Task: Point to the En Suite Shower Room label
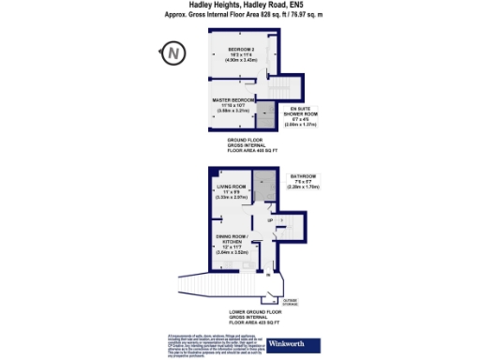pyautogui.click(x=307, y=118)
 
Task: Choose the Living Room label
pyautogui.click(x=223, y=192)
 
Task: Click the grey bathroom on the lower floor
pyautogui.click(x=266, y=187)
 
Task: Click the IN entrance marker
pyautogui.click(x=268, y=276)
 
